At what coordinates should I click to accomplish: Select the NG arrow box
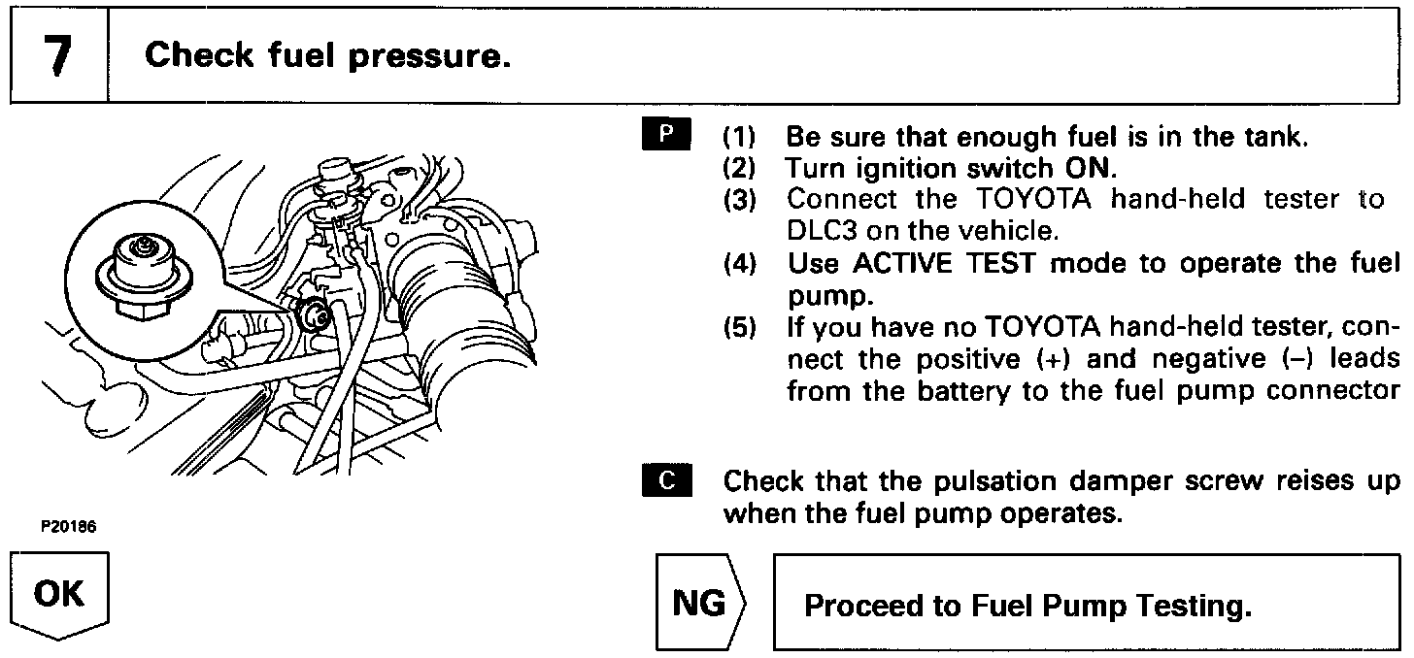coord(698,605)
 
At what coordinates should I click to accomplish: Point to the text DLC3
coord(825,230)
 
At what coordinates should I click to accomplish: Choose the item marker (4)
coord(744,263)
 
